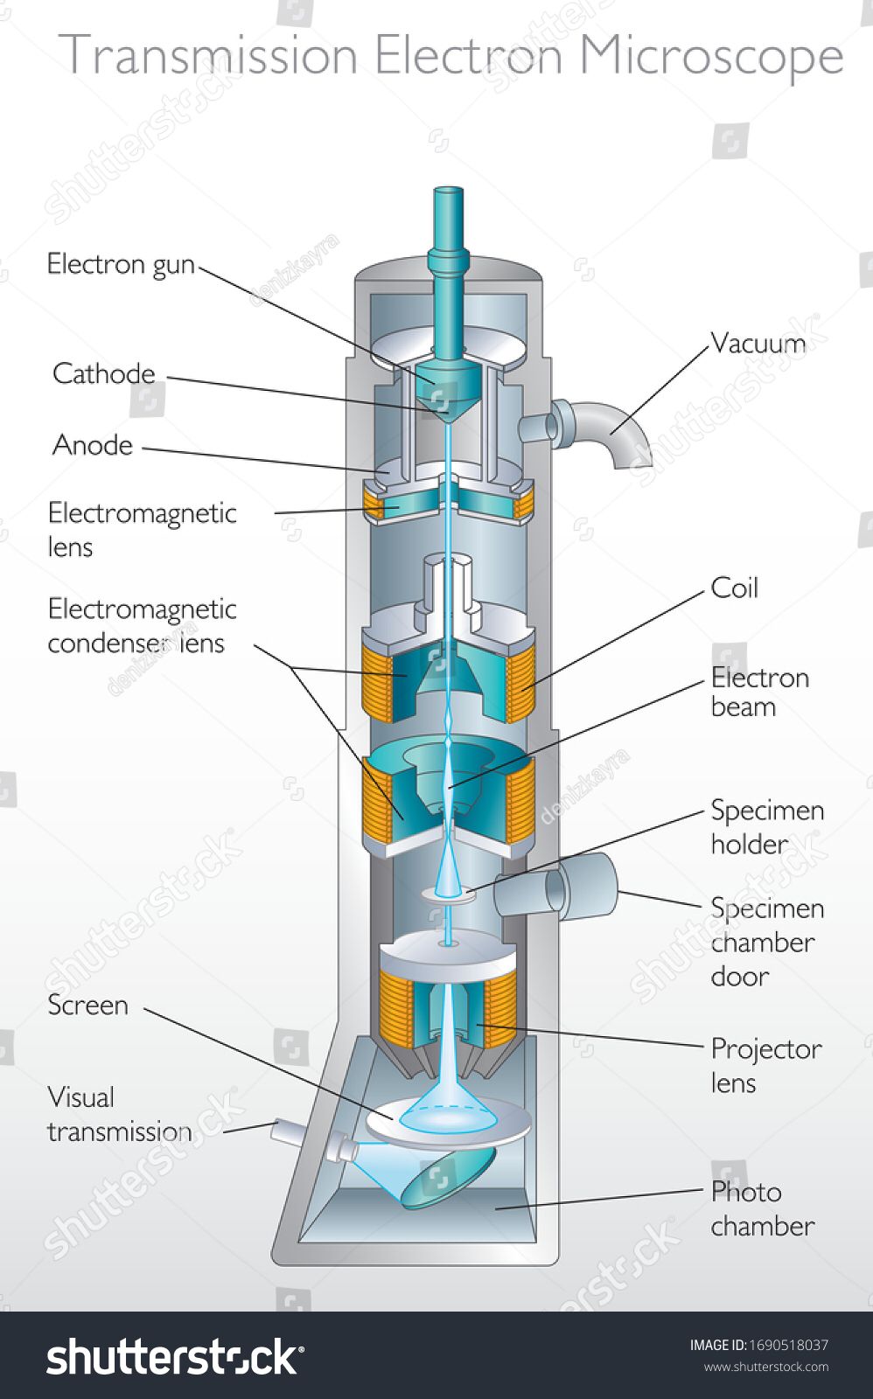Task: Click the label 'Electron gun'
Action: click(x=121, y=264)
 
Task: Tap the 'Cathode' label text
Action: click(x=103, y=374)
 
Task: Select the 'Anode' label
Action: click(x=93, y=445)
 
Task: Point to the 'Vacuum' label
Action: click(x=758, y=343)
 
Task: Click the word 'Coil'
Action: click(x=734, y=588)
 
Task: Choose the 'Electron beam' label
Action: click(x=759, y=692)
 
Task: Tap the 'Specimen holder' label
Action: click(x=766, y=826)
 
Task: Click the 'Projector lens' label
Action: click(x=765, y=1065)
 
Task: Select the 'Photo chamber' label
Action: click(x=761, y=1208)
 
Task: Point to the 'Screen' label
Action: click(x=87, y=1006)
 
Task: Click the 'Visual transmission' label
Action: click(x=119, y=1114)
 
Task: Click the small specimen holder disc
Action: click(x=449, y=894)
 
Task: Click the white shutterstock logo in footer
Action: click(x=174, y=1356)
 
